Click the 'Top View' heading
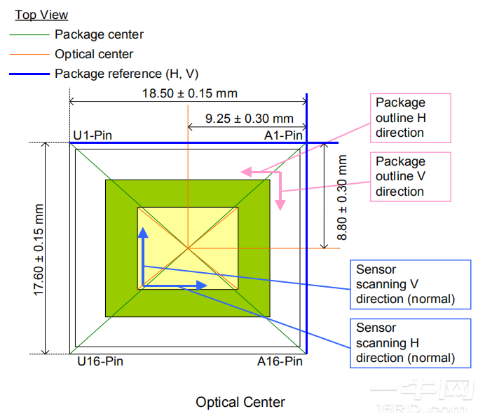click(x=41, y=15)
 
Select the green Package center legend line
click(x=29, y=35)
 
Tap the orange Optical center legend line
click(x=29, y=54)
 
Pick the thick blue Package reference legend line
click(x=29, y=74)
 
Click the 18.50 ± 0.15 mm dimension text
click(x=190, y=93)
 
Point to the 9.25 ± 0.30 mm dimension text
click(x=250, y=119)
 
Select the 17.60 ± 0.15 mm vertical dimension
click(x=39, y=250)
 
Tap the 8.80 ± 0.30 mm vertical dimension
click(x=342, y=197)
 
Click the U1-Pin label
click(x=93, y=135)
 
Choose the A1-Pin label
click(x=283, y=135)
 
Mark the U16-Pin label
click(x=100, y=361)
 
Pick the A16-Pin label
click(x=280, y=361)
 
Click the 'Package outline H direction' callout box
click(x=410, y=118)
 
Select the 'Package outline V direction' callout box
click(x=410, y=177)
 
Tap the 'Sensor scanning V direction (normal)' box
click(x=410, y=284)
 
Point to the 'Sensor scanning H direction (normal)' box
click(x=410, y=343)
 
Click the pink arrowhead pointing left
click(x=246, y=172)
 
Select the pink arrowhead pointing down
click(x=280, y=205)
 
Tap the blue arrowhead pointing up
click(x=143, y=233)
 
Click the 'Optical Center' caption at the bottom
click(x=240, y=402)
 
